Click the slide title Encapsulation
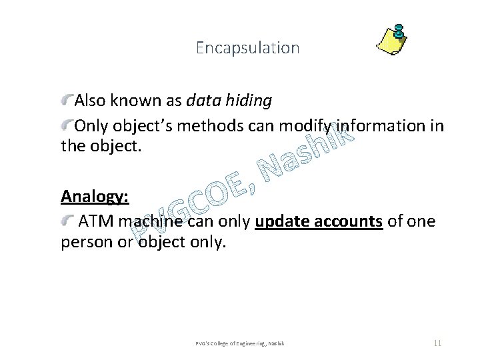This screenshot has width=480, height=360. [248, 48]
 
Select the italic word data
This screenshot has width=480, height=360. [203, 101]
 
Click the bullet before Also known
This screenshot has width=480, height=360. [67, 100]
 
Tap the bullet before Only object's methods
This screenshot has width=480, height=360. [67, 125]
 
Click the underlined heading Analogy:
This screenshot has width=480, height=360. [95, 197]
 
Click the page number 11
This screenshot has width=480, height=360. [437, 343]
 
